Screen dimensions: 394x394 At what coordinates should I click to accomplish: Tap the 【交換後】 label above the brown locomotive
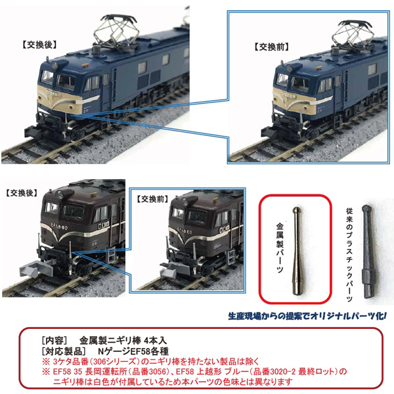(x=24, y=194)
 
